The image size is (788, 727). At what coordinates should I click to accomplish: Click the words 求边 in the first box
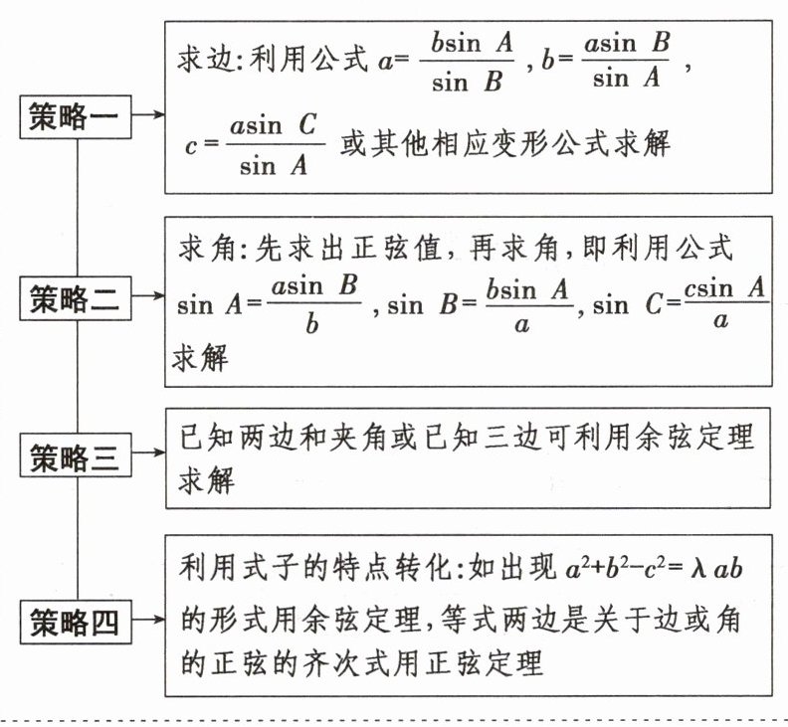tap(198, 60)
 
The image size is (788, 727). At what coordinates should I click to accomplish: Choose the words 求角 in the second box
tap(198, 245)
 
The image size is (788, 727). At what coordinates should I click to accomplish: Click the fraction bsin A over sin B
tap(471, 62)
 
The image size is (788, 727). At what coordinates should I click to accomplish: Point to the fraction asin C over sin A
tap(274, 145)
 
